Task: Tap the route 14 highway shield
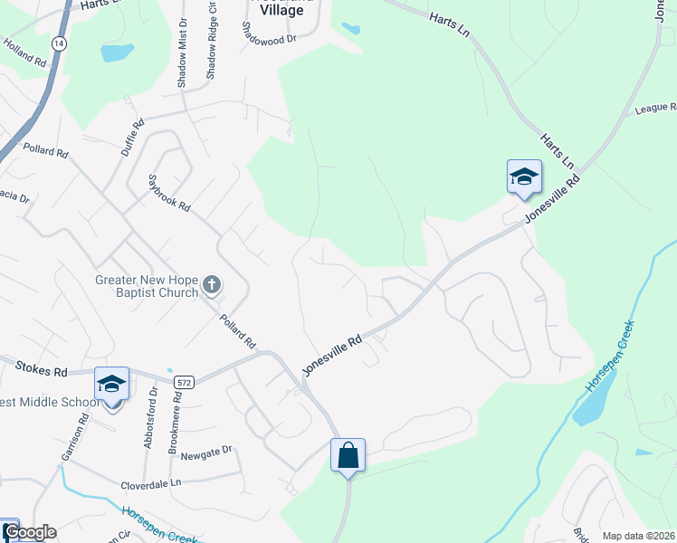pos(59,43)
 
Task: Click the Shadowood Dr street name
pos(269,40)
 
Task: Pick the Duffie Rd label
pos(132,139)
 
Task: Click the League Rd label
pos(656,108)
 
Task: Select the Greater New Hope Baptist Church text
pos(146,286)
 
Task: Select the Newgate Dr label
pos(206,449)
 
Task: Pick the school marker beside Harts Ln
pos(524,176)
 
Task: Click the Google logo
pos(30,532)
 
